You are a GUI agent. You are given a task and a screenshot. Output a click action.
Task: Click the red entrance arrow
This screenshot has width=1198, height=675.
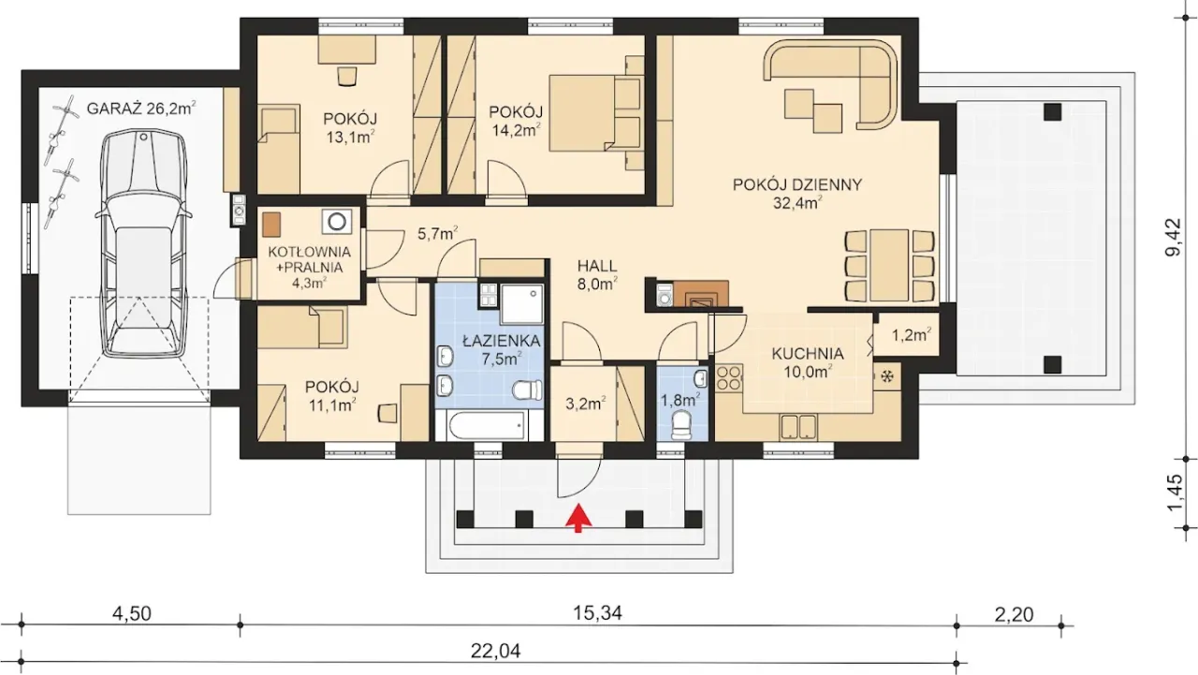(578, 519)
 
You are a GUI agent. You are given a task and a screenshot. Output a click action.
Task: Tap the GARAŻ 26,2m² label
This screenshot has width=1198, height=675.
(141, 109)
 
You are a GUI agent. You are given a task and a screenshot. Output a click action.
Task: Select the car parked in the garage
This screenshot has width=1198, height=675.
(143, 243)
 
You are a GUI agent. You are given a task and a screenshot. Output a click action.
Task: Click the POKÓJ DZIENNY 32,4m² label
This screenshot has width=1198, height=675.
(796, 193)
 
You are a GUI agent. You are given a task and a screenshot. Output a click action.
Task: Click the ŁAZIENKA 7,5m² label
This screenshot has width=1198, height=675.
(502, 350)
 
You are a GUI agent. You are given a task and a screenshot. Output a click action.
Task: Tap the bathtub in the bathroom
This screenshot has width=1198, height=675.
(487, 426)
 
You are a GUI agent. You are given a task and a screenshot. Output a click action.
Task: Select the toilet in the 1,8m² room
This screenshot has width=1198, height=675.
(682, 425)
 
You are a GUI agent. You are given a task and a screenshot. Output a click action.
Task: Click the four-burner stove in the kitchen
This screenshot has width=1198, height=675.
(729, 377)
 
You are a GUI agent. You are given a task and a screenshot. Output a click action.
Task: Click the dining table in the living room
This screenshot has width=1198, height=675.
(889, 265)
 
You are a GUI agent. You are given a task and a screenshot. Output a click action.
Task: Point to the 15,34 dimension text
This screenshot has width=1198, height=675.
(598, 613)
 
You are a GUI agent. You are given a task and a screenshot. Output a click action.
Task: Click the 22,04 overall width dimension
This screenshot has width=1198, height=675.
(495, 652)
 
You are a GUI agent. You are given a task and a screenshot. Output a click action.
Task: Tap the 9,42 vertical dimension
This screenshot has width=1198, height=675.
(1174, 237)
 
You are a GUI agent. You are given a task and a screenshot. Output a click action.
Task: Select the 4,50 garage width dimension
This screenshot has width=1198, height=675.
(132, 613)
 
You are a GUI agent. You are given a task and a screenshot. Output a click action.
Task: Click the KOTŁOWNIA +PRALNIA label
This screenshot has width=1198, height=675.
(309, 259)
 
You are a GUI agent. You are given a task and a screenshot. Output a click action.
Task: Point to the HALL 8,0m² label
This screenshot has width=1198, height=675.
(597, 274)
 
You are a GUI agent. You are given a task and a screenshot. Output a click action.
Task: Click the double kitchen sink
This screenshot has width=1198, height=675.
(798, 427)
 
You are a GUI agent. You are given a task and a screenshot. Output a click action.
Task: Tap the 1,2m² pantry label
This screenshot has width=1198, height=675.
(912, 335)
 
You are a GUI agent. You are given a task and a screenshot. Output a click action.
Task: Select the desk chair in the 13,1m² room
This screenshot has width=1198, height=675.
(347, 76)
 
